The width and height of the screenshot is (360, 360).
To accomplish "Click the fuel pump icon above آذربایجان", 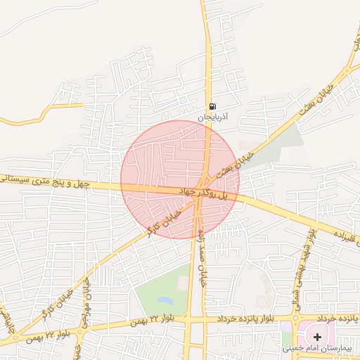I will (x=212, y=108).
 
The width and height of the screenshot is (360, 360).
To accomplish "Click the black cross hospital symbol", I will (x=318, y=337).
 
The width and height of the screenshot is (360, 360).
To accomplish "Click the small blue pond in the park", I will (x=165, y=300).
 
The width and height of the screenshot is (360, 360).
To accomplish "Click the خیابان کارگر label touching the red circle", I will (x=165, y=220).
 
